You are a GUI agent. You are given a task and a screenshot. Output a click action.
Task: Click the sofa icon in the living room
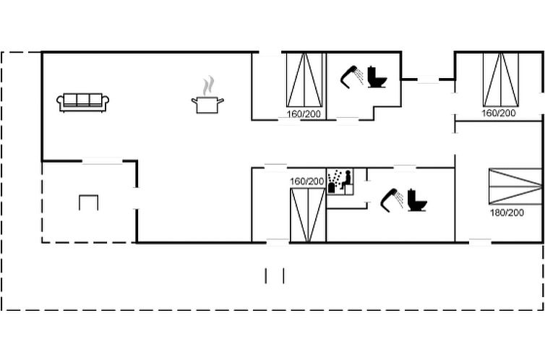pyautogui.click(x=82, y=103)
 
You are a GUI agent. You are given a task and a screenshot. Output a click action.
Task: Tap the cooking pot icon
pyautogui.click(x=207, y=105)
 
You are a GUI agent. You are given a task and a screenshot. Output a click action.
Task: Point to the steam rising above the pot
pyautogui.click(x=209, y=86)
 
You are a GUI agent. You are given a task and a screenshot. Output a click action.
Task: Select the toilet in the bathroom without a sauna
pyautogui.click(x=377, y=77)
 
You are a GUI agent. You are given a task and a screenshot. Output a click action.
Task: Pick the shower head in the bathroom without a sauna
pyautogui.click(x=351, y=77)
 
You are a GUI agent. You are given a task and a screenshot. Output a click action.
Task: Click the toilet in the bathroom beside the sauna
pyautogui.click(x=417, y=200)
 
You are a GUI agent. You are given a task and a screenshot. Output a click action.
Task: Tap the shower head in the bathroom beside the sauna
pyautogui.click(x=392, y=200)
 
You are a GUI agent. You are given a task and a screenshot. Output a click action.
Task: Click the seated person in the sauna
pyautogui.click(x=346, y=180)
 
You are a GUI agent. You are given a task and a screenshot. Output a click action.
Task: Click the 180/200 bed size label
pyautogui.click(x=507, y=213)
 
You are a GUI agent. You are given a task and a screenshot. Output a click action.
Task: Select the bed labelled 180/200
pyautogui.click(x=515, y=186)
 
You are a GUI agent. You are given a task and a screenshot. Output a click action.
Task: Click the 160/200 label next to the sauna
pyautogui.click(x=306, y=181)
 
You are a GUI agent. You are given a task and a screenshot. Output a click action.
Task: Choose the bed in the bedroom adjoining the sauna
pyautogui.click(x=308, y=215)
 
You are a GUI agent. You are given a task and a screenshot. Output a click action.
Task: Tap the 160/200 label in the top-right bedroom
pyautogui.click(x=499, y=113)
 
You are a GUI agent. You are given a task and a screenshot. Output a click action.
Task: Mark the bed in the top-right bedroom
pyautogui.click(x=501, y=80)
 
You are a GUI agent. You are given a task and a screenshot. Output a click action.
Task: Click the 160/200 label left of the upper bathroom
pyautogui.click(x=304, y=114)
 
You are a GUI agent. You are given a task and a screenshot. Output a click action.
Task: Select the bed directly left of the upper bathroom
pyautogui.click(x=304, y=80)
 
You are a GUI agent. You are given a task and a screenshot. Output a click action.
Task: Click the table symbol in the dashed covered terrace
pyautogui.click(x=89, y=202)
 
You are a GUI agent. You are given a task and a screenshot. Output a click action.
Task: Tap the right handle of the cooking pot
pyautogui.click(x=220, y=101)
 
